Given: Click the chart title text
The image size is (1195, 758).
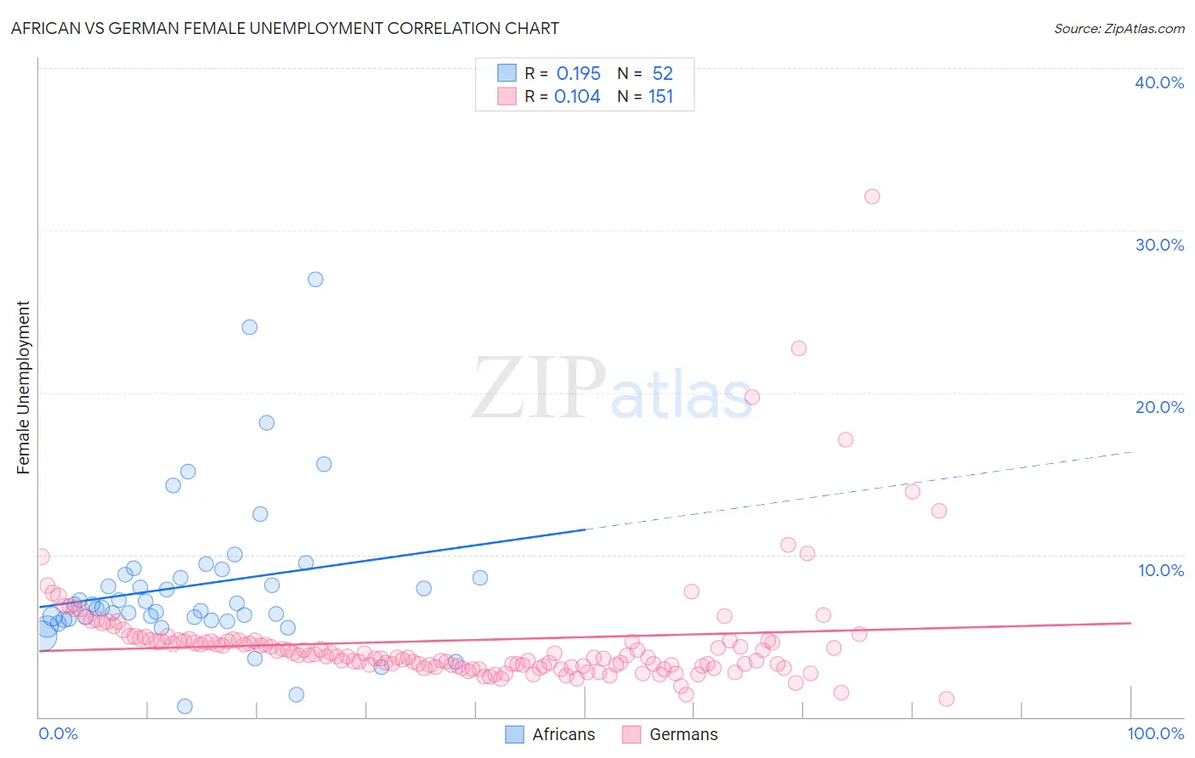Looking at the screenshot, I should [285, 28].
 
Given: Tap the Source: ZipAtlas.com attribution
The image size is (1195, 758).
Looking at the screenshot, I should [1119, 28].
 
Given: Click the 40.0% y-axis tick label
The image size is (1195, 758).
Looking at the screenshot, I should [1159, 82].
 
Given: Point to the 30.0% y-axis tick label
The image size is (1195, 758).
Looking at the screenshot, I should [1159, 245].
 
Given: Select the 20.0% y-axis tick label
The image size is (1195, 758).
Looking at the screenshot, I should [1159, 407].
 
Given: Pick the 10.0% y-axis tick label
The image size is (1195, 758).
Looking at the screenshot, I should [1161, 570].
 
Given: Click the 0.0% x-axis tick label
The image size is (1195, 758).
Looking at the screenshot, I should [58, 733].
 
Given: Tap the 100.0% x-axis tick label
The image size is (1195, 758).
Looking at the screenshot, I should [1155, 733].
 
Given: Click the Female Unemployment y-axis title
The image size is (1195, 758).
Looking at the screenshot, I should [23, 387].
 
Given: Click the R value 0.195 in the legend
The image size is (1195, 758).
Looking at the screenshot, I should [578, 74].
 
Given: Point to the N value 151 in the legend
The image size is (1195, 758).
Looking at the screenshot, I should [660, 97].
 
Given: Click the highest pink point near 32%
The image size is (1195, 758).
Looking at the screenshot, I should [872, 196].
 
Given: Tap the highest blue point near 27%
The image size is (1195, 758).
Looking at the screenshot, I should [315, 279].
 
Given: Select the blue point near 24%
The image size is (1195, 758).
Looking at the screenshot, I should [250, 327].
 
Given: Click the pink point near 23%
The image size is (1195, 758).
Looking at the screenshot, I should [799, 348].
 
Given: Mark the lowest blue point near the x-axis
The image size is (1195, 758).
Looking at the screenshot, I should [184, 706].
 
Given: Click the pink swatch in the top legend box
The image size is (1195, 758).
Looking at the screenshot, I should [507, 97].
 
